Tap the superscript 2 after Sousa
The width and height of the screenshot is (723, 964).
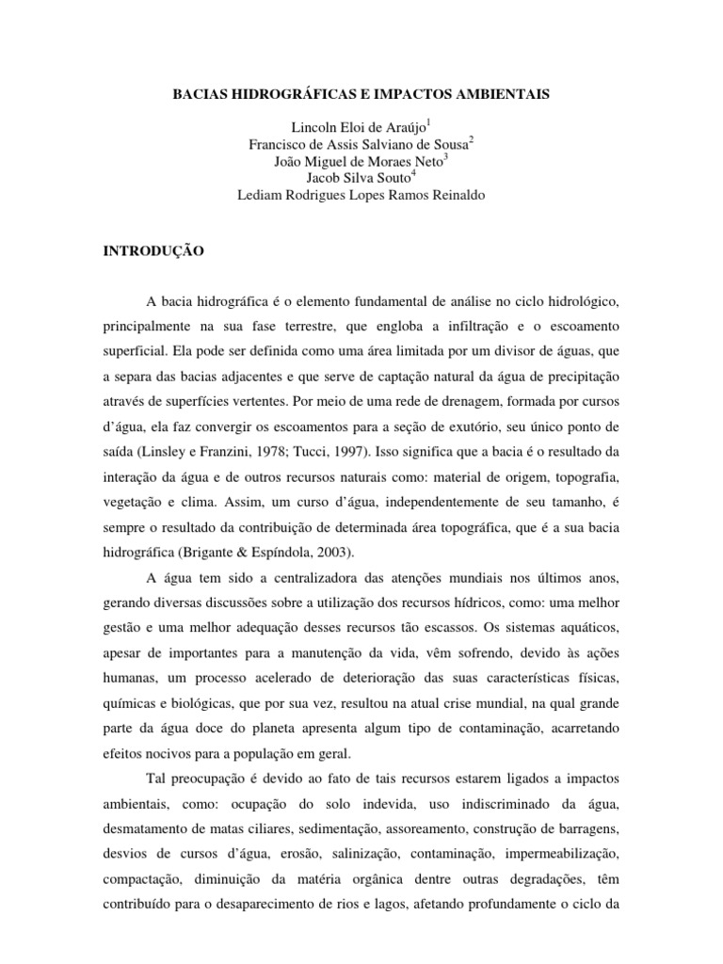click(x=472, y=139)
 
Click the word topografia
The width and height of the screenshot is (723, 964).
click(x=584, y=450)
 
